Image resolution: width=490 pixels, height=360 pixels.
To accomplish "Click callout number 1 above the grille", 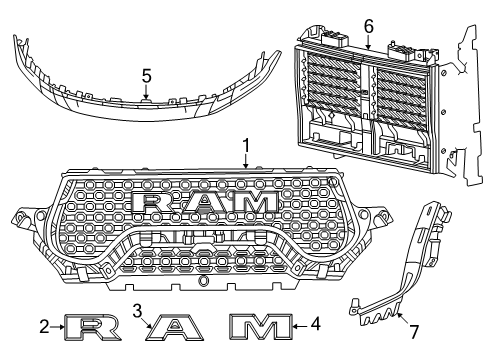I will [x=245, y=146].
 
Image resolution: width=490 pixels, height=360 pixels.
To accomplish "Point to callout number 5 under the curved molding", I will [x=146, y=74].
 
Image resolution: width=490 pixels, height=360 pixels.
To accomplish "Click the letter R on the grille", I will [x=152, y=202].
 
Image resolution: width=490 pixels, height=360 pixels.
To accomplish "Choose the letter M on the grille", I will [x=254, y=202].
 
